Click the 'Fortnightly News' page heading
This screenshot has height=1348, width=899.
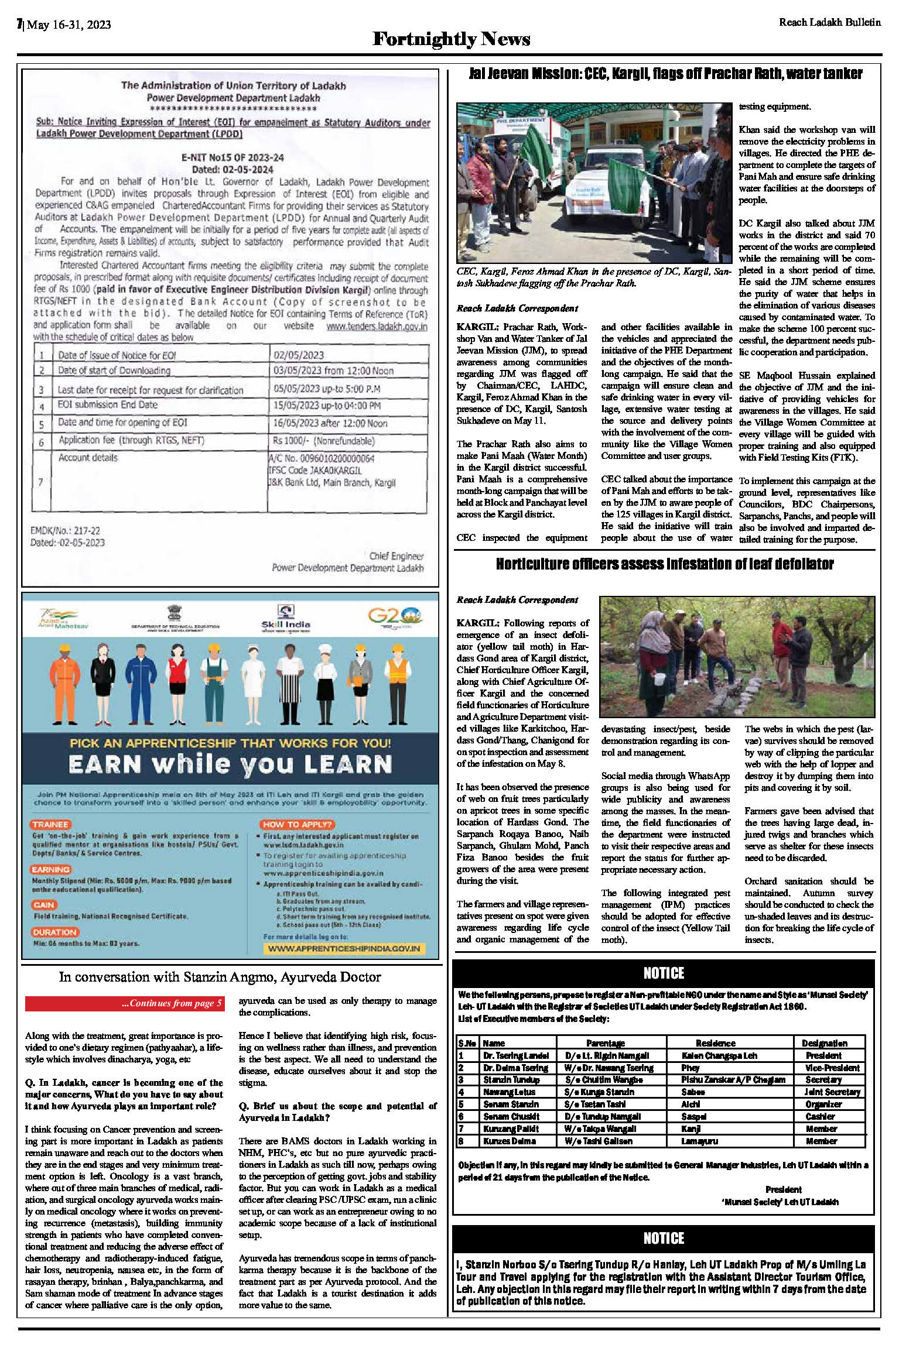(x=451, y=39)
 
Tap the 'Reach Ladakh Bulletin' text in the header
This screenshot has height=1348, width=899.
(x=829, y=22)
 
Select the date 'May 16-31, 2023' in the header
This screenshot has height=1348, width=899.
(x=69, y=25)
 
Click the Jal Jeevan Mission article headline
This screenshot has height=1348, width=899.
(x=665, y=74)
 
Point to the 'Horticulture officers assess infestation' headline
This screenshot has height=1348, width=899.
(x=665, y=564)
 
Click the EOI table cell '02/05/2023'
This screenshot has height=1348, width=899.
(x=298, y=355)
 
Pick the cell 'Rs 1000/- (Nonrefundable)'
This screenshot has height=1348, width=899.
(x=323, y=441)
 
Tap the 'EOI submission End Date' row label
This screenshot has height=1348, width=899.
(x=108, y=404)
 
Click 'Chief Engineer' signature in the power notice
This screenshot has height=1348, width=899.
(x=396, y=555)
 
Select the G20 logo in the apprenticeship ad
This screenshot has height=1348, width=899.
(x=394, y=616)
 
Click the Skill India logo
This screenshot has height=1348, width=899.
(x=286, y=618)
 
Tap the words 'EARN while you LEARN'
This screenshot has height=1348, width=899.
(x=230, y=764)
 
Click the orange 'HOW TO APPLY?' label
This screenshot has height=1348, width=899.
(x=298, y=824)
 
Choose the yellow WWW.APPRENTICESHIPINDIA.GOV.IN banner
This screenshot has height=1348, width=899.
(x=344, y=948)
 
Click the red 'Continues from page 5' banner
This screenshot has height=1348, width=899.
(x=124, y=1003)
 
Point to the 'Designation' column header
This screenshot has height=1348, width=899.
(x=825, y=1043)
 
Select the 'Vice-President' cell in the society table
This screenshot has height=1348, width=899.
(x=832, y=1068)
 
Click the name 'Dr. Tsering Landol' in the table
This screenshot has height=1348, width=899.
(x=516, y=1055)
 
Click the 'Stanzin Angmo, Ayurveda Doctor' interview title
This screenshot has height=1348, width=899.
(x=220, y=977)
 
